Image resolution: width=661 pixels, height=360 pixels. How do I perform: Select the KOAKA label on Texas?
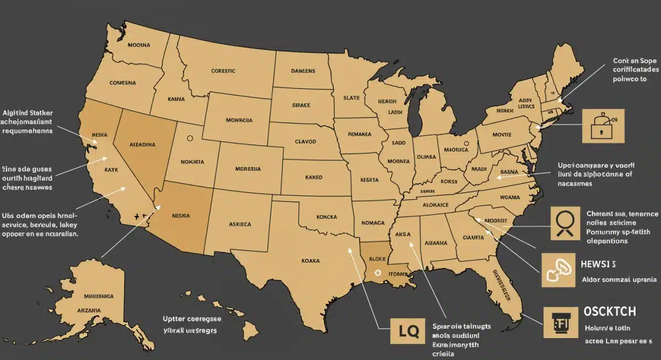[311, 261]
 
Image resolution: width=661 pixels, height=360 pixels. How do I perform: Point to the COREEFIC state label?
[223, 71]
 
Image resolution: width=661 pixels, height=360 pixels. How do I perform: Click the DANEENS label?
[303, 71]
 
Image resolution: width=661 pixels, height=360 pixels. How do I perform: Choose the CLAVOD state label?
[305, 141]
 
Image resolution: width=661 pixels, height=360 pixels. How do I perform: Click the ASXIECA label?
[240, 225]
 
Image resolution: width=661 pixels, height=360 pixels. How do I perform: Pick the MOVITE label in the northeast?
[502, 134]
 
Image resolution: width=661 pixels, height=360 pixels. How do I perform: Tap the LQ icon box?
[409, 331]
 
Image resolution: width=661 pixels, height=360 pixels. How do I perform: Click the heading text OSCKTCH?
[610, 312]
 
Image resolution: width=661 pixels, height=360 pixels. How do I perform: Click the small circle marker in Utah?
[191, 139]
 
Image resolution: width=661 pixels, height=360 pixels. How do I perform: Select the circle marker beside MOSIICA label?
[467, 144]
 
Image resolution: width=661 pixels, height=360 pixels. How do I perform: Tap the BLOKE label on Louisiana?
[377, 258]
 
